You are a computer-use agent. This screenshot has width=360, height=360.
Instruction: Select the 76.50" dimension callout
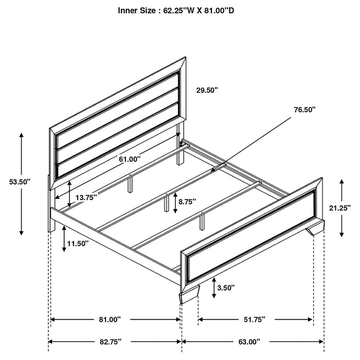click(x=304, y=110)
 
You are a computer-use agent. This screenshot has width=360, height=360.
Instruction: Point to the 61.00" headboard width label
click(x=130, y=159)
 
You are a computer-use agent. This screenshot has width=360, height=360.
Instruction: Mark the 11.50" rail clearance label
click(x=78, y=243)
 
